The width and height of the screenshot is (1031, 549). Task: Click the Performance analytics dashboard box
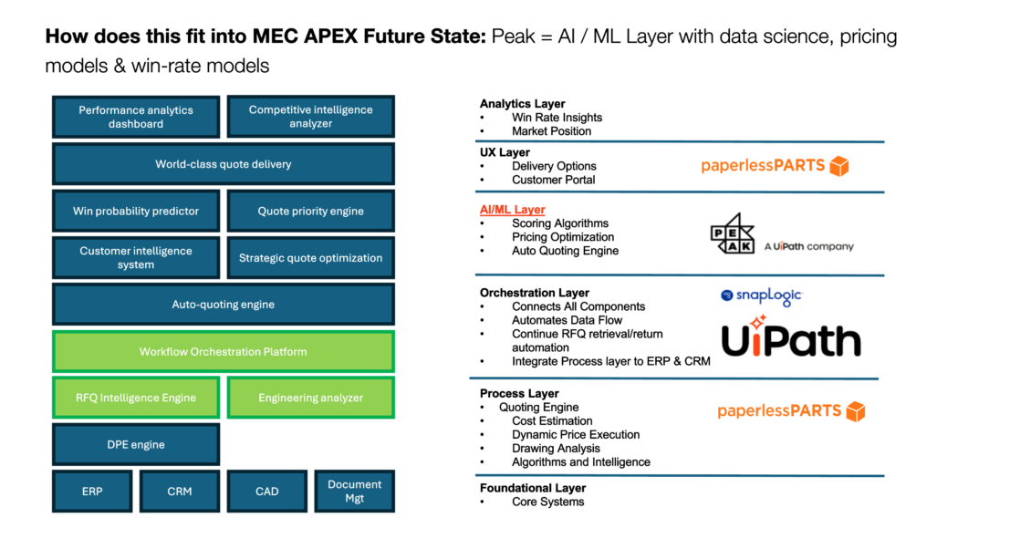click(x=136, y=117)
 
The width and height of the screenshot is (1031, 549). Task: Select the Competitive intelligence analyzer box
click(x=311, y=117)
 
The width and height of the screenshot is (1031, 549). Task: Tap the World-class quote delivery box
click(x=224, y=164)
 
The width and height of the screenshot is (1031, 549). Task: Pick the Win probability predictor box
click(x=136, y=211)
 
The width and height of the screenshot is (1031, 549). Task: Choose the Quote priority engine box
click(x=311, y=211)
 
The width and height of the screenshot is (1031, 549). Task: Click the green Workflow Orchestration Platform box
click(x=224, y=352)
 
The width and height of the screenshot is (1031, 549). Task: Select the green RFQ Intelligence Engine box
click(x=136, y=398)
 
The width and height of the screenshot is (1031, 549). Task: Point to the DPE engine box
click(x=136, y=444)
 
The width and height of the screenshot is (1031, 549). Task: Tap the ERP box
click(x=92, y=492)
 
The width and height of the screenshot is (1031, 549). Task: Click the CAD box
click(x=267, y=492)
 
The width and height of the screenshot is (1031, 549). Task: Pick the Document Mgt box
click(x=354, y=492)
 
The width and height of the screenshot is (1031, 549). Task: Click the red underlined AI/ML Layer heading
click(x=512, y=210)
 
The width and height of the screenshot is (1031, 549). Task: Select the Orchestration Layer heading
click(x=535, y=293)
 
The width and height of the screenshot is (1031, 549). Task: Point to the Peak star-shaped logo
click(x=733, y=233)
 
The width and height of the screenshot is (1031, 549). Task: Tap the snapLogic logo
click(x=762, y=295)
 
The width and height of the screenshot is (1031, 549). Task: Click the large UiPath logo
click(x=791, y=337)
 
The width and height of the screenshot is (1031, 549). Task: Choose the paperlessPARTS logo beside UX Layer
click(x=776, y=166)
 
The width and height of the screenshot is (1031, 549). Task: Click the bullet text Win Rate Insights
click(x=557, y=118)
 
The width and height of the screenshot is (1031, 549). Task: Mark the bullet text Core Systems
click(x=547, y=502)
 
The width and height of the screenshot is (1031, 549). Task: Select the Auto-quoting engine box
click(x=224, y=305)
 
